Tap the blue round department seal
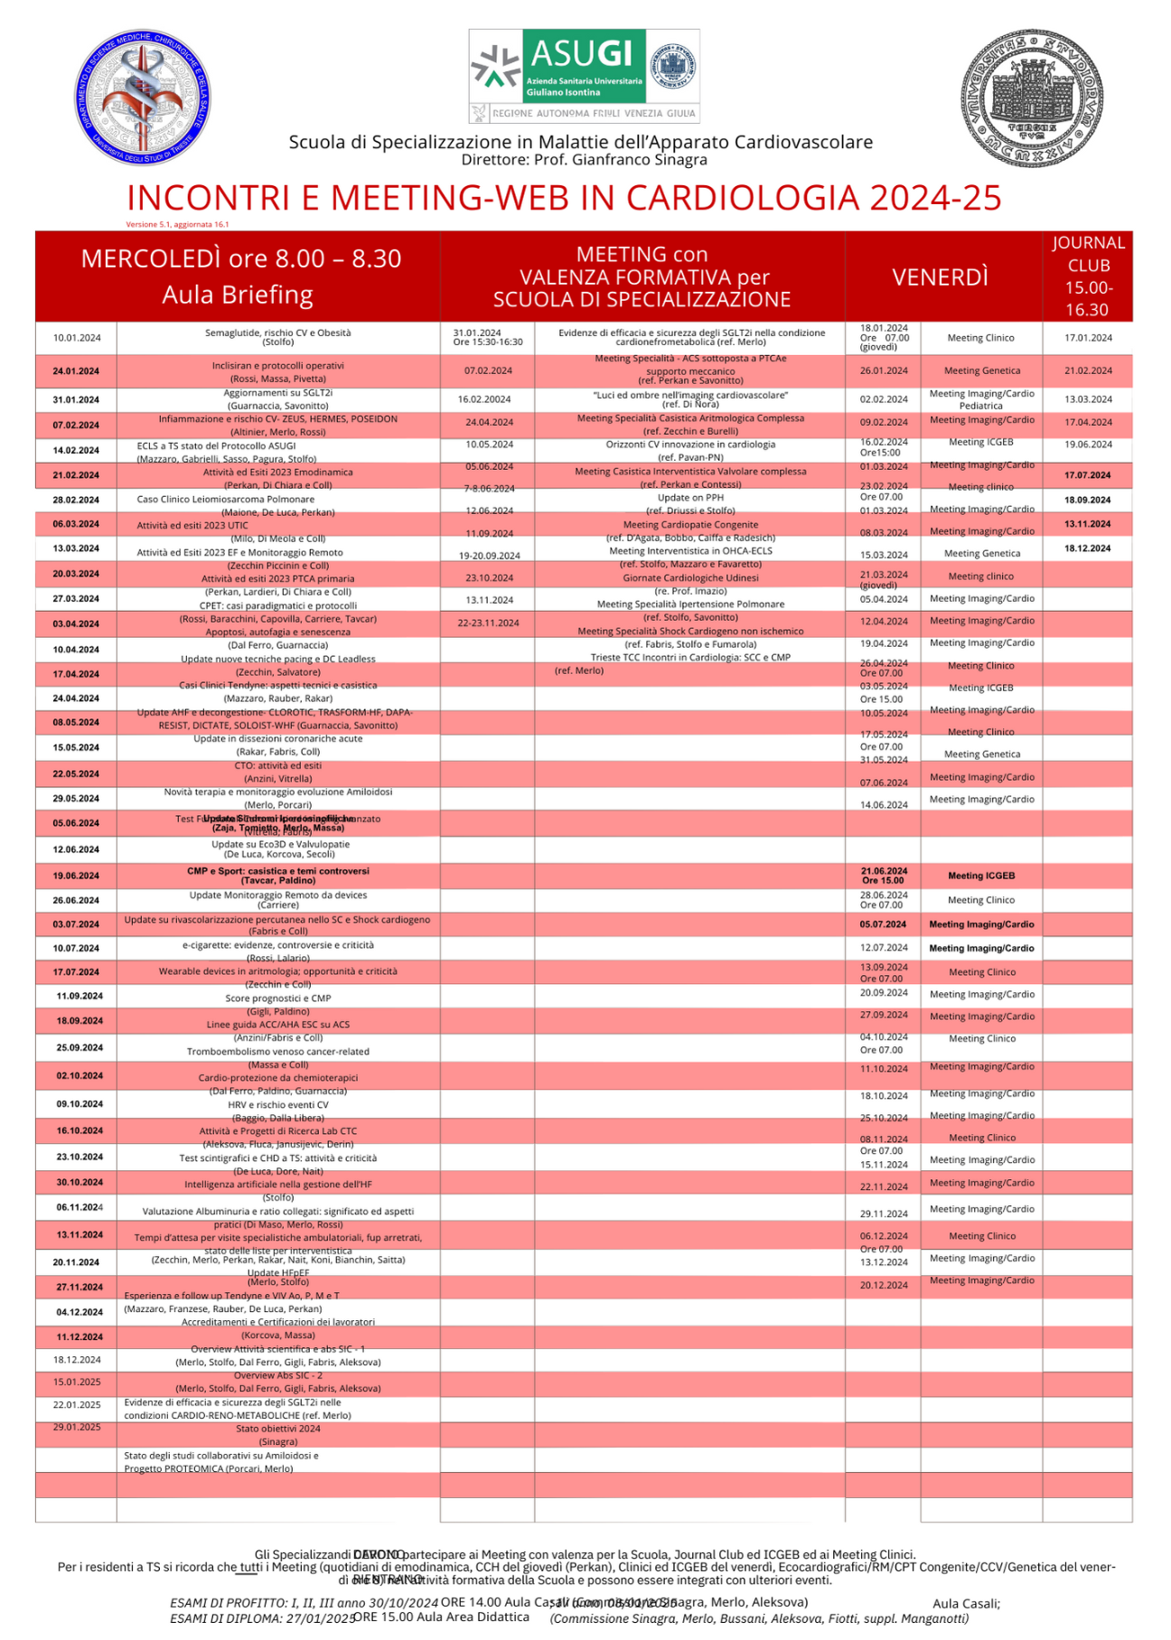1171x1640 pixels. pyautogui.click(x=142, y=97)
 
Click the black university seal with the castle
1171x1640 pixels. pyautogui.click(x=1032, y=97)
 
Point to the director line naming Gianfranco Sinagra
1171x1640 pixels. pyautogui.click(x=584, y=160)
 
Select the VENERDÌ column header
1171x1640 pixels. pyautogui.click(x=940, y=277)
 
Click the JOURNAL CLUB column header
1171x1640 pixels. pyautogui.click(x=1087, y=276)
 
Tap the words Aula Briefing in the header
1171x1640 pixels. pyautogui.click(x=238, y=295)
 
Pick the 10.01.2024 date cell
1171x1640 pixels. pyautogui.click(x=77, y=338)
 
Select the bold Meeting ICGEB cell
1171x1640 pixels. pyautogui.click(x=981, y=876)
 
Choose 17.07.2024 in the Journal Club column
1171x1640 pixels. pyautogui.click(x=1087, y=475)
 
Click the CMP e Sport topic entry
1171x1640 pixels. pyautogui.click(x=278, y=871)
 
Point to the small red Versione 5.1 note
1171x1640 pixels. pyautogui.click(x=177, y=224)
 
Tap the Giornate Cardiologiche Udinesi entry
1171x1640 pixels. pyautogui.click(x=690, y=578)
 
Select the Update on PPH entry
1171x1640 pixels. pyautogui.click(x=690, y=498)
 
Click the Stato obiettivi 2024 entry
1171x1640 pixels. pyautogui.click(x=278, y=1429)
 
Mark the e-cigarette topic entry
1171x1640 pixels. pyautogui.click(x=278, y=945)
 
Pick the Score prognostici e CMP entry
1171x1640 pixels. pyautogui.click(x=278, y=998)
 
